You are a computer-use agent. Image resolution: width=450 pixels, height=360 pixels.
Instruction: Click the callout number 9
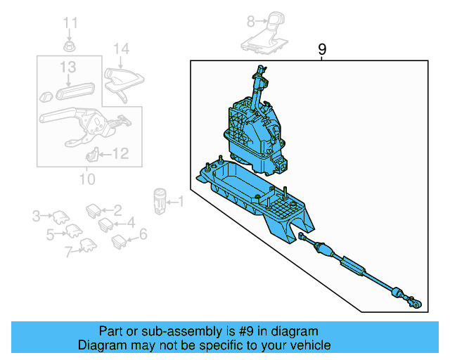tap(322, 49)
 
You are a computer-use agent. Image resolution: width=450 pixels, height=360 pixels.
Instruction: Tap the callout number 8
tap(250, 22)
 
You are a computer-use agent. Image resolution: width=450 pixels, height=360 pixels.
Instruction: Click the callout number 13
tap(67, 67)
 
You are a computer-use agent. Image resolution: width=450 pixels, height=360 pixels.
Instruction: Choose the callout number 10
tap(86, 179)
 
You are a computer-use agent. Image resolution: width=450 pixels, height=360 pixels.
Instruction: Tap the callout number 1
tap(180, 202)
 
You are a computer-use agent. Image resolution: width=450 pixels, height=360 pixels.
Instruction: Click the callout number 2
tap(117, 210)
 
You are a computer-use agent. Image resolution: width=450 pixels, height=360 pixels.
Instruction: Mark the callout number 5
tap(50, 235)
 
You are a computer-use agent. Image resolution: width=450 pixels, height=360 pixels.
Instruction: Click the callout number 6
tap(143, 235)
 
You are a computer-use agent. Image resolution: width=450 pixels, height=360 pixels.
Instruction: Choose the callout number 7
tap(69, 251)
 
